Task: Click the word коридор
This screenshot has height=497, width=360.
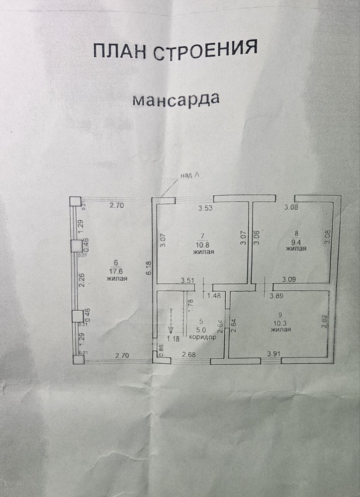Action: pyautogui.click(x=203, y=337)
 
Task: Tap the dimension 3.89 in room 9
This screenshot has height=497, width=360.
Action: pyautogui.click(x=276, y=297)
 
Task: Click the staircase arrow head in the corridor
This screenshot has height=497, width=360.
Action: pyautogui.click(x=171, y=329)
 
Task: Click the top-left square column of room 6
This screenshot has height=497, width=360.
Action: pyautogui.click(x=75, y=201)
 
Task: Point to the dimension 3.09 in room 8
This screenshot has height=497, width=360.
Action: pyautogui.click(x=289, y=280)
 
